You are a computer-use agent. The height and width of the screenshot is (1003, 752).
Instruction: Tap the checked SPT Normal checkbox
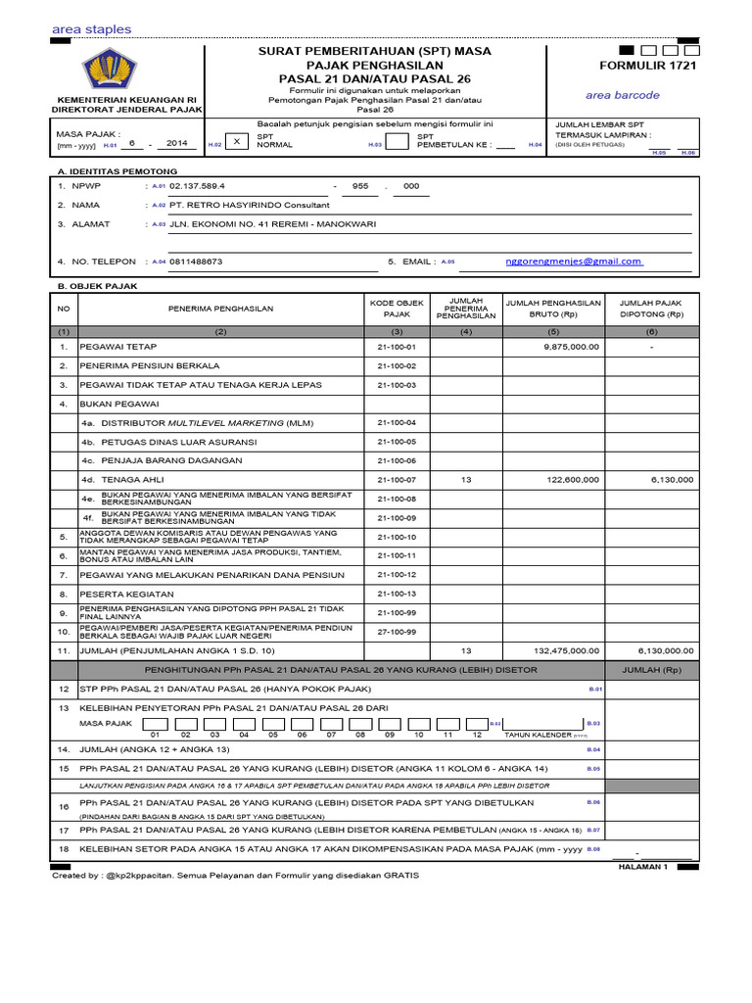236,141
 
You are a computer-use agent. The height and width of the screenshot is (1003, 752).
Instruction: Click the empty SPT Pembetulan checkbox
397,141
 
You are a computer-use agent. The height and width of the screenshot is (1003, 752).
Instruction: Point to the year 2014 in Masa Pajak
176,142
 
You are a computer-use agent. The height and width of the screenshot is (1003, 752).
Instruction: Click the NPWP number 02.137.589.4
197,185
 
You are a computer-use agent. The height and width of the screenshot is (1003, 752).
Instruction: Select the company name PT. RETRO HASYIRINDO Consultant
250,205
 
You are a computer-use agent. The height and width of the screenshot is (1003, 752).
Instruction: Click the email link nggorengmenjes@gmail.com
574,262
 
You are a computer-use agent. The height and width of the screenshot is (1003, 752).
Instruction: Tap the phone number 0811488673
196,262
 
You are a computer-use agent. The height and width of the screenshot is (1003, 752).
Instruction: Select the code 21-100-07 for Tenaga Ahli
397,480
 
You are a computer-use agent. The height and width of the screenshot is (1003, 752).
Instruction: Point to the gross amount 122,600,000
567,480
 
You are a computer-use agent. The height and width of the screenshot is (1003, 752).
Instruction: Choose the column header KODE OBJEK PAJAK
397,309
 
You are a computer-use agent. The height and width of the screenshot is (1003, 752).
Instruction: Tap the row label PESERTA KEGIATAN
126,594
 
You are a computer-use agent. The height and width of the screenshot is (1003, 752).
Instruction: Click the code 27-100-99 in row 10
397,632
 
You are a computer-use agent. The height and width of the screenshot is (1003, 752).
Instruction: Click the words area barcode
623,95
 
